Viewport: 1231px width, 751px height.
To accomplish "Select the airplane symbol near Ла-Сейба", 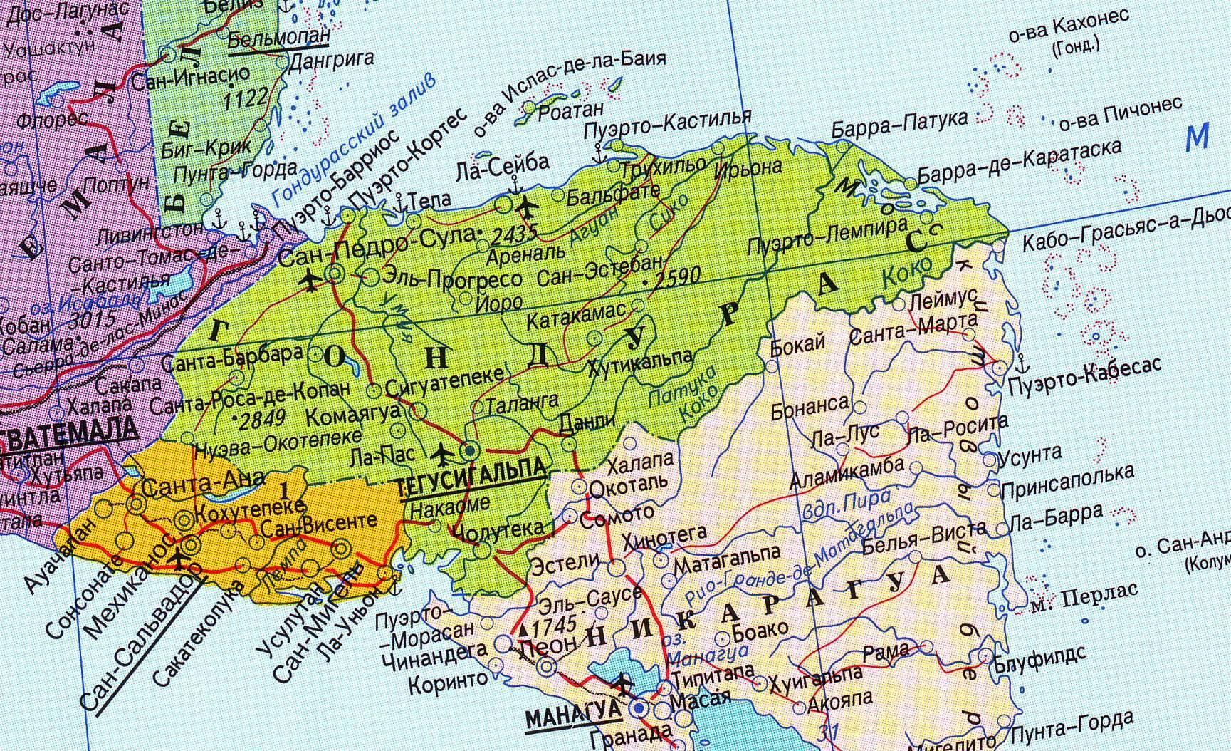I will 527,208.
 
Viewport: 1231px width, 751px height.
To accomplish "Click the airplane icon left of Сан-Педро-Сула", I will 310,281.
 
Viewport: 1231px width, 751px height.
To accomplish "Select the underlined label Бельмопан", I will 279,38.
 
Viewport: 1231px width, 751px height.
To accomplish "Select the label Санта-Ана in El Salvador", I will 204,485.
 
